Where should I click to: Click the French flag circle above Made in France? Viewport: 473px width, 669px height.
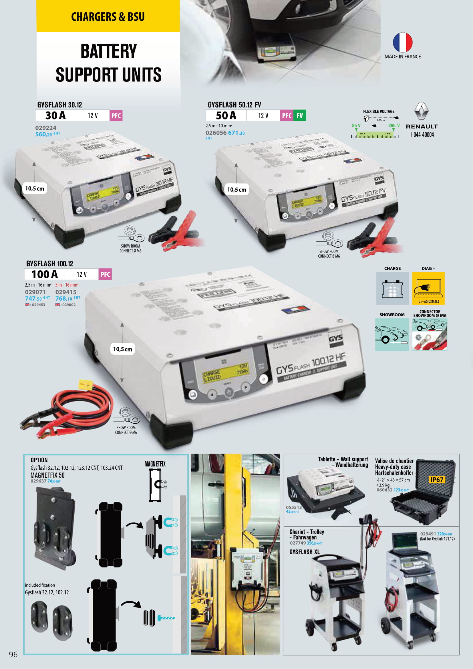[403, 42]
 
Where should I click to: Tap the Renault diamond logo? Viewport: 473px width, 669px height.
[422, 111]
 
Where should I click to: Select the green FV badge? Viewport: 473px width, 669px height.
[299, 116]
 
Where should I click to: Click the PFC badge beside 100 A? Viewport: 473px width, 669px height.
[105, 275]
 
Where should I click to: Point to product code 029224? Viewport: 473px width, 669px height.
[46, 128]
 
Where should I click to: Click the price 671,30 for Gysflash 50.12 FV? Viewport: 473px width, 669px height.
[236, 133]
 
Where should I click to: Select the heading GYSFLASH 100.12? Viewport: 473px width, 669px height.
[49, 264]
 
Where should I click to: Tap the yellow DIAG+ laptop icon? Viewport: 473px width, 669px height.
[428, 288]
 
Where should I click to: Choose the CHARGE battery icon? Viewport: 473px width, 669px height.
[392, 288]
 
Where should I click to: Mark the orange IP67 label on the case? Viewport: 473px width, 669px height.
[437, 480]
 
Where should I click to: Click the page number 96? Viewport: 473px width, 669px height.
[13, 654]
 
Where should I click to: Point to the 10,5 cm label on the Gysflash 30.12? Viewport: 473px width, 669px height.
[35, 188]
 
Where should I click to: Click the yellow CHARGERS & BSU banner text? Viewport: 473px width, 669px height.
[108, 17]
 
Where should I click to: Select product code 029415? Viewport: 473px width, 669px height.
[66, 292]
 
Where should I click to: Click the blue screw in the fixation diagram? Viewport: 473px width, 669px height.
[166, 618]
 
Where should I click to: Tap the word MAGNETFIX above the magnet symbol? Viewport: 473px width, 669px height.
[155, 464]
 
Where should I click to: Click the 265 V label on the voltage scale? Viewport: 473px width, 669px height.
[394, 126]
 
